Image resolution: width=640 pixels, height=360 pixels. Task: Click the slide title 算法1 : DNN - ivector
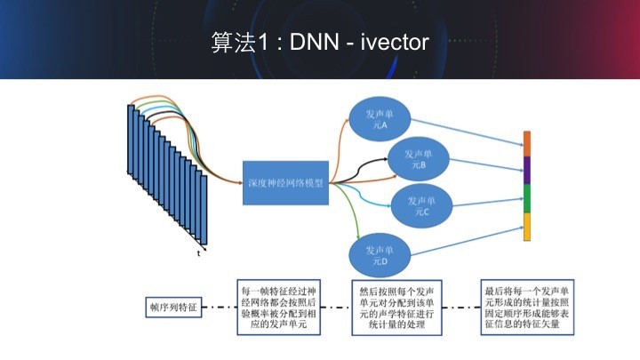pyautogui.click(x=320, y=43)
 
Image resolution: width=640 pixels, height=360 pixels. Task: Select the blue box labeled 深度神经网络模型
pyautogui.click(x=285, y=183)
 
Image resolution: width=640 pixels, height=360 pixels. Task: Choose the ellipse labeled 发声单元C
pyautogui.click(x=420, y=205)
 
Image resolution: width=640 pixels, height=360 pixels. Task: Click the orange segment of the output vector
pyautogui.click(x=526, y=144)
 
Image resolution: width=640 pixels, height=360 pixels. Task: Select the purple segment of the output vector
pyautogui.click(x=526, y=171)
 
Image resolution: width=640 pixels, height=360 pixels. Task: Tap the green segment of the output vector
pyautogui.click(x=526, y=198)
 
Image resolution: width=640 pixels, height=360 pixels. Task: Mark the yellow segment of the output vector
pyautogui.click(x=526, y=227)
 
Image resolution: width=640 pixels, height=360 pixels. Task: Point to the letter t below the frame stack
pyautogui.click(x=199, y=253)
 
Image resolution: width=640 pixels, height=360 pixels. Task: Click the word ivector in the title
pyautogui.click(x=395, y=43)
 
